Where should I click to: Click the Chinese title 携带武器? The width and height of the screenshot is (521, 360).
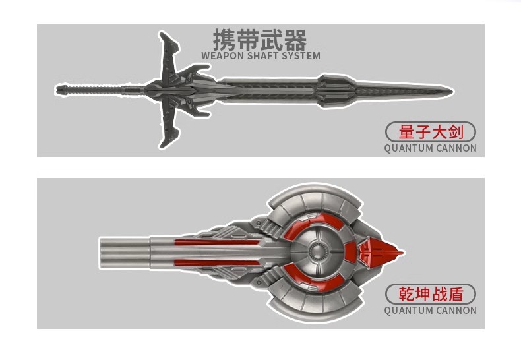[x=260, y=40]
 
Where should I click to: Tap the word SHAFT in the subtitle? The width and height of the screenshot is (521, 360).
[x=267, y=56]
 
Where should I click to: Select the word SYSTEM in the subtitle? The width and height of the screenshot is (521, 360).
[x=303, y=56]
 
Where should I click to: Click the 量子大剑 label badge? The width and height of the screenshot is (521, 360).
[x=431, y=132]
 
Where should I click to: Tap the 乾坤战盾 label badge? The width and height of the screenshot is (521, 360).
[x=431, y=294]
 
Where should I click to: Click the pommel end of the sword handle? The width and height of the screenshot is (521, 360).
[x=61, y=88]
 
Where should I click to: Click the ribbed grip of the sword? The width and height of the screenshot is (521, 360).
[x=99, y=88]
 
